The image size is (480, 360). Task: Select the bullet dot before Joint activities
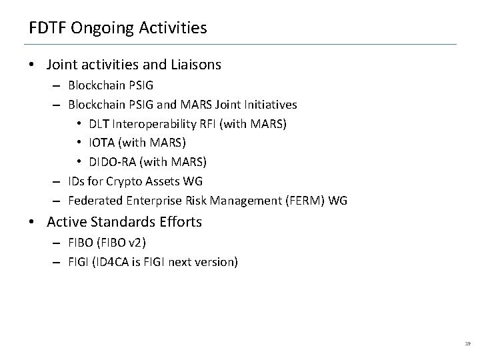click(x=32, y=65)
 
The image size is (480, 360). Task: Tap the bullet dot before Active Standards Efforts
click(x=32, y=222)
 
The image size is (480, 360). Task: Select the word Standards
click(x=117, y=222)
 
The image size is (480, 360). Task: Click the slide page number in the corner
click(x=467, y=343)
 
